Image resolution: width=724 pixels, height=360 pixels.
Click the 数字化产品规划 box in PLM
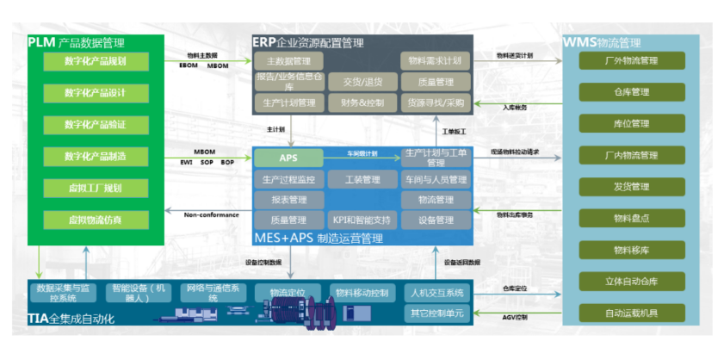coord(96,61)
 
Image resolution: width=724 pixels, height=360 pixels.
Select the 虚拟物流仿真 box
coord(96,220)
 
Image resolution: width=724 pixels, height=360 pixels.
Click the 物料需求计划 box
coord(436,61)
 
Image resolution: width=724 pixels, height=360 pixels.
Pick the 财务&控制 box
coord(362,103)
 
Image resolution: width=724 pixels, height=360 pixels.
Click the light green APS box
coord(288,158)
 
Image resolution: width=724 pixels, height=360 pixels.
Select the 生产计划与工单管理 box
coord(436,158)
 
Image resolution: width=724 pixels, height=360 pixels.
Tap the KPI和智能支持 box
coord(362,220)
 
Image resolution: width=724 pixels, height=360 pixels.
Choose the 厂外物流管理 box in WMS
coord(631,61)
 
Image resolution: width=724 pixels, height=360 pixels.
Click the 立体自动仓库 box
coord(631,281)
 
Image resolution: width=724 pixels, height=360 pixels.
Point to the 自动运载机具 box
coord(631,313)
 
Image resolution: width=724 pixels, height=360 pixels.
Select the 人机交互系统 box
coord(436,292)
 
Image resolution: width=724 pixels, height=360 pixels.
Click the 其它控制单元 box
coord(436,313)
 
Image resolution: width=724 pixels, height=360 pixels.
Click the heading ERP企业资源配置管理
coord(307,42)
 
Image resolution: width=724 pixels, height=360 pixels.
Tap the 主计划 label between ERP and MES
coord(275,129)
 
